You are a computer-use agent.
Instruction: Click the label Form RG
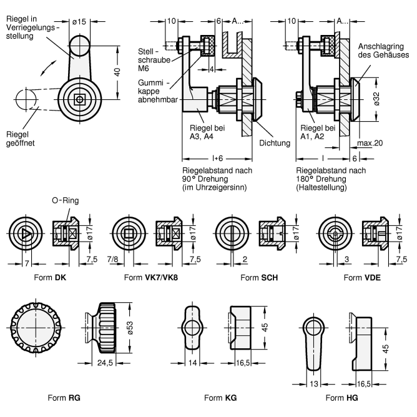[64, 398]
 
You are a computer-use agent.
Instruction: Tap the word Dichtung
[275, 143]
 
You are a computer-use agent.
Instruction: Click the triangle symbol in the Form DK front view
[24, 233]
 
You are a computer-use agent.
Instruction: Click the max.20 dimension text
[370, 143]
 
